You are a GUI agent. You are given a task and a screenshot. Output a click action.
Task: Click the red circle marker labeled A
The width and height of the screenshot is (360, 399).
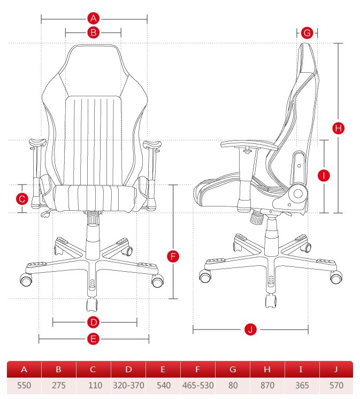pos(94,18)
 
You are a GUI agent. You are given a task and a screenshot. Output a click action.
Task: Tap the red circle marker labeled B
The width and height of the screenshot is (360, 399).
pos(94,33)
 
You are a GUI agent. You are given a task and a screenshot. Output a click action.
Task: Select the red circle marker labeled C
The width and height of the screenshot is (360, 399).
pos(22,199)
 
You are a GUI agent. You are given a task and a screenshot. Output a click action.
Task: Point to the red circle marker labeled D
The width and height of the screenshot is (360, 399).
pos(94,322)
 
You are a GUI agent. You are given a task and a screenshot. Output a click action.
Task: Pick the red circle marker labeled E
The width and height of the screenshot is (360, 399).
pos(94,339)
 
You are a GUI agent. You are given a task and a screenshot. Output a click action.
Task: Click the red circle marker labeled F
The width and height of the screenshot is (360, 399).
pos(173,256)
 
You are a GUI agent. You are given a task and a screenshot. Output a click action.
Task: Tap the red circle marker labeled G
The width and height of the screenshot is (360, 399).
pos(307,33)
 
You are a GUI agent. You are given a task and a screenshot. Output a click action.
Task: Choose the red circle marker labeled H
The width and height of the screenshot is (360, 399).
pos(339,128)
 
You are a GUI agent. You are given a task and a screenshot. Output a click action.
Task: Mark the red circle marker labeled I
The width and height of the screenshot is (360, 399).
pos(324,175)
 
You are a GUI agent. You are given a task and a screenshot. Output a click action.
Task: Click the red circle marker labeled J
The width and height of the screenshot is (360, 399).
pos(250,329)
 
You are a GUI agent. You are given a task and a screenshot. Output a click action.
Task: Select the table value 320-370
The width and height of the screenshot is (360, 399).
pos(128,386)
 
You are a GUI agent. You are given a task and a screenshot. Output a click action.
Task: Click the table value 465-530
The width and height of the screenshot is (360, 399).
pos(198,386)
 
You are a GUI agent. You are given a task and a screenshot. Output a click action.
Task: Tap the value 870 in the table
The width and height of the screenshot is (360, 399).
pos(267,386)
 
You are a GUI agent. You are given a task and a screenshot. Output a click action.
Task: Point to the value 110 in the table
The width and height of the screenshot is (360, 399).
pos(95,386)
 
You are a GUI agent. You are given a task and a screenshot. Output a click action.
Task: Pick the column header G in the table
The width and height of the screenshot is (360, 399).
pos(233,369)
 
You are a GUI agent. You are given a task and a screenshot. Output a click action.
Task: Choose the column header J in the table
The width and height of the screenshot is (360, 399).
pos(336,369)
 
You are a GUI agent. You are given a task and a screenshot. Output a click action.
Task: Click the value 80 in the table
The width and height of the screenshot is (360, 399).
pos(233,386)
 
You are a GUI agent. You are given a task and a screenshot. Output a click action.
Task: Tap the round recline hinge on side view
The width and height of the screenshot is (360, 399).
pos(298,194)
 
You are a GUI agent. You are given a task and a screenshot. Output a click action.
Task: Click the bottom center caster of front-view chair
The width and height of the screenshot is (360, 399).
pos(92,304)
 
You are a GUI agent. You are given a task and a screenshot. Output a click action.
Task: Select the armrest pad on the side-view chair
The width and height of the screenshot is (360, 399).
pos(249,145)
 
